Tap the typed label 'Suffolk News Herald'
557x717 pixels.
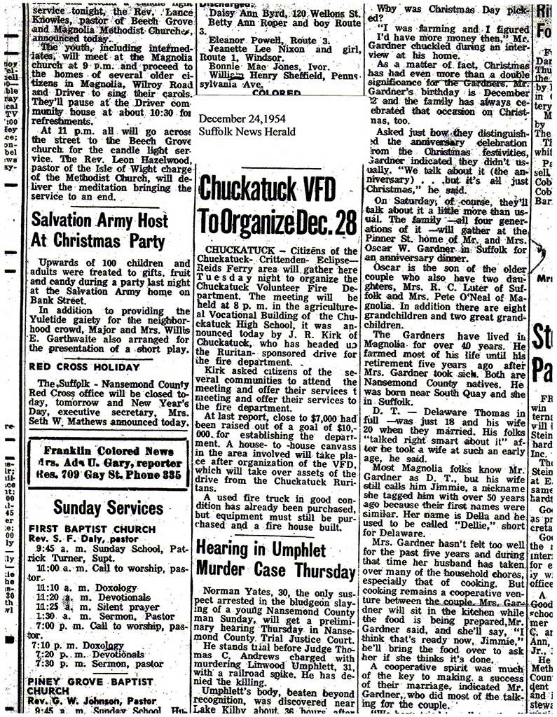click(247, 132)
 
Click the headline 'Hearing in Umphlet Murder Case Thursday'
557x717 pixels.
click(276, 559)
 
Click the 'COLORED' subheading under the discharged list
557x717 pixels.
click(277, 92)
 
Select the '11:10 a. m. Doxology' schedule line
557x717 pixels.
click(77, 588)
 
